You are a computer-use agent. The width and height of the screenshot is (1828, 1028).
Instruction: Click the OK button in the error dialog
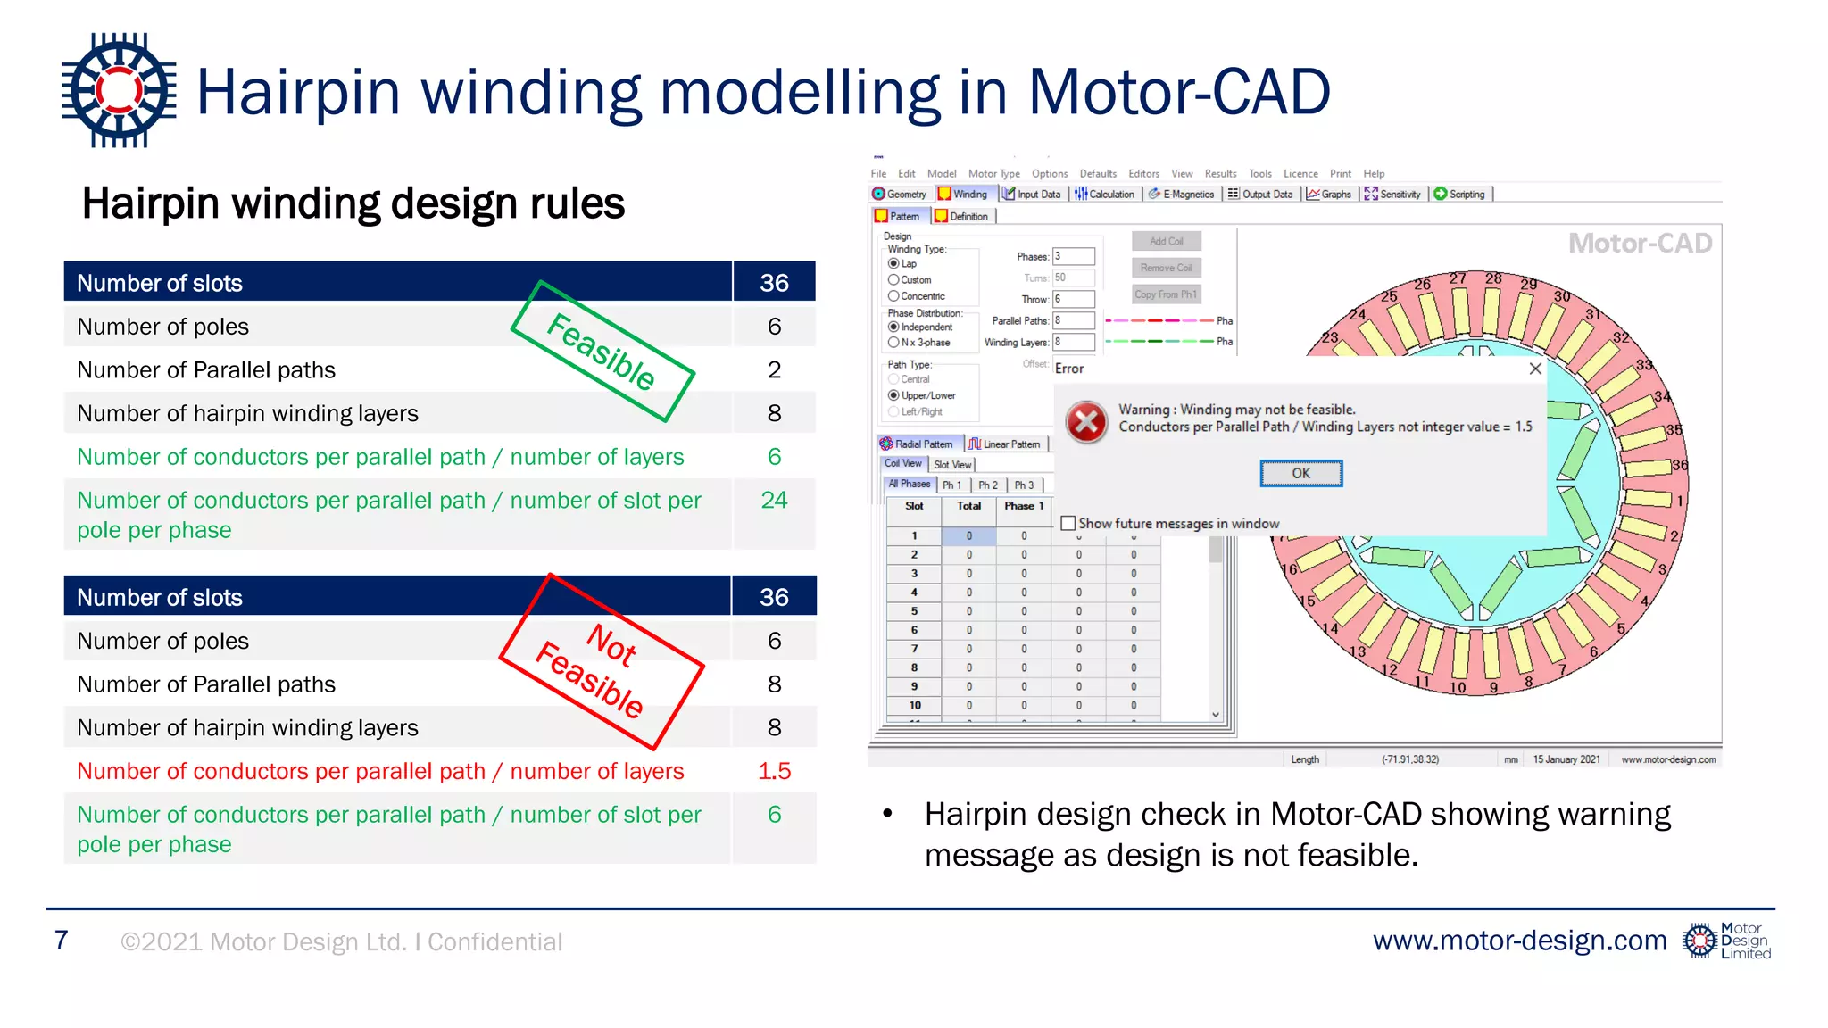tap(1300, 473)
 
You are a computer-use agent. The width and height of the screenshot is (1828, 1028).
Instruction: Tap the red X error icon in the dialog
tap(1087, 422)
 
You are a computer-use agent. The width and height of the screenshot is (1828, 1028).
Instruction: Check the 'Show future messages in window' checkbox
tap(1068, 524)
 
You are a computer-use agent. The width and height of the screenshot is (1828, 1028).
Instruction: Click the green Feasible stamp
tap(602, 352)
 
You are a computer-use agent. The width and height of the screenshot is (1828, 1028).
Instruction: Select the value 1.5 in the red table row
tap(774, 771)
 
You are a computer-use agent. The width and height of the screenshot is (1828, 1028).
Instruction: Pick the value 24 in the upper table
tap(774, 500)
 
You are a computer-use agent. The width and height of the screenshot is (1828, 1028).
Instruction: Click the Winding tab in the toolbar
tap(963, 194)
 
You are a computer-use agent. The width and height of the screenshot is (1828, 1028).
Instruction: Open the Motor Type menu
tap(993, 174)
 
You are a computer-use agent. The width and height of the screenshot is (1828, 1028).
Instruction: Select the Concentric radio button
tap(893, 296)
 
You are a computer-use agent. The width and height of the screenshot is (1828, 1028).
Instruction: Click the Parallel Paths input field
tap(1074, 320)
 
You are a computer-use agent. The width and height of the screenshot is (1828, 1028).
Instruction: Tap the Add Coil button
tap(1166, 241)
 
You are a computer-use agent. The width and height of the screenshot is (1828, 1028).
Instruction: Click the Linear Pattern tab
tap(1005, 444)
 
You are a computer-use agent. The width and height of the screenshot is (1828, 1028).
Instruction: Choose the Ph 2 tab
tap(987, 485)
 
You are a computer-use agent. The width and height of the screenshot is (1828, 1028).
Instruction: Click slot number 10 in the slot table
tap(914, 705)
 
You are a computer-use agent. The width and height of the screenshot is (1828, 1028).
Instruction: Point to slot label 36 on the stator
tap(1679, 465)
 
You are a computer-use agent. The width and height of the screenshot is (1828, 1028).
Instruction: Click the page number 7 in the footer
tap(61, 941)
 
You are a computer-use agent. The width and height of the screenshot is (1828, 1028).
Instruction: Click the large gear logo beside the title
tap(119, 90)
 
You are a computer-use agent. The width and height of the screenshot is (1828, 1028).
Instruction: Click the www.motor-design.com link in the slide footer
tap(1519, 941)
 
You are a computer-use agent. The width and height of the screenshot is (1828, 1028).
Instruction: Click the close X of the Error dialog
tap(1534, 369)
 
